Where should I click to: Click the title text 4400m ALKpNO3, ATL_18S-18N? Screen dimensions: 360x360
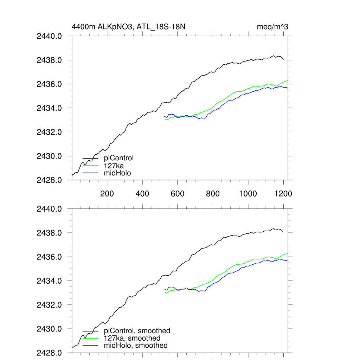point(131,27)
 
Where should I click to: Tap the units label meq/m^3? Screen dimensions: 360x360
point(273,27)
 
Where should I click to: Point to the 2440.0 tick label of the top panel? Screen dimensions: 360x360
point(49,36)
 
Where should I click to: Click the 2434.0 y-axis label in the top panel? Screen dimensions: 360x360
point(49,108)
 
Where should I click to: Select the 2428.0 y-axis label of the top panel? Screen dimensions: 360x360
point(49,180)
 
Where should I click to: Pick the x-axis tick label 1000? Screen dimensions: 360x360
point(248,194)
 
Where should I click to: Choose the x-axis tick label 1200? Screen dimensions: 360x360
point(283,194)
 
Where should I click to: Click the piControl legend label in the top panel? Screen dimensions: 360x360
point(119,158)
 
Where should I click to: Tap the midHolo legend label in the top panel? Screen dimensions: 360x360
point(117,173)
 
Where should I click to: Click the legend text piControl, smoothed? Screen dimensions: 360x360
point(137,331)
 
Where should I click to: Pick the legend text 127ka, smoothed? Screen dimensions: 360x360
point(132,338)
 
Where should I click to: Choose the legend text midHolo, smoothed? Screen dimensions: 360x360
point(136,346)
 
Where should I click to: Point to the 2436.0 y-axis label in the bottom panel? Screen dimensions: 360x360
point(49,257)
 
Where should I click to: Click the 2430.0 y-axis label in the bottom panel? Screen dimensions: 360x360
point(49,329)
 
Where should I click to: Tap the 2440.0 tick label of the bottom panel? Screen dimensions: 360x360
point(49,209)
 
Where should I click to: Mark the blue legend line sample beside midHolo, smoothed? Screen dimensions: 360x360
point(90,346)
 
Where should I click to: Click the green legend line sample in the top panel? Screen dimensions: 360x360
point(90,166)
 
